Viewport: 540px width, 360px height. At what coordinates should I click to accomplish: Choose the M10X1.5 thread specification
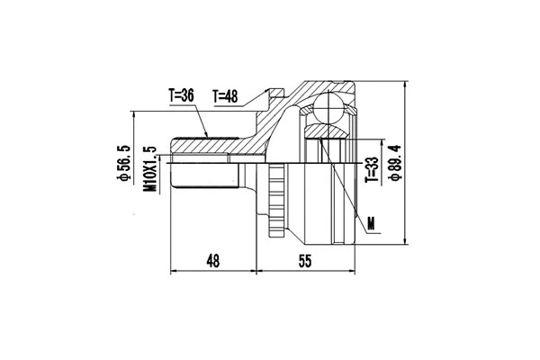click(x=150, y=168)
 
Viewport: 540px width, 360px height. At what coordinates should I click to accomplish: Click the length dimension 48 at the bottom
click(x=213, y=261)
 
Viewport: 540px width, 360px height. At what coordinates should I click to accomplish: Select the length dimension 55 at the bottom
click(x=302, y=261)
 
